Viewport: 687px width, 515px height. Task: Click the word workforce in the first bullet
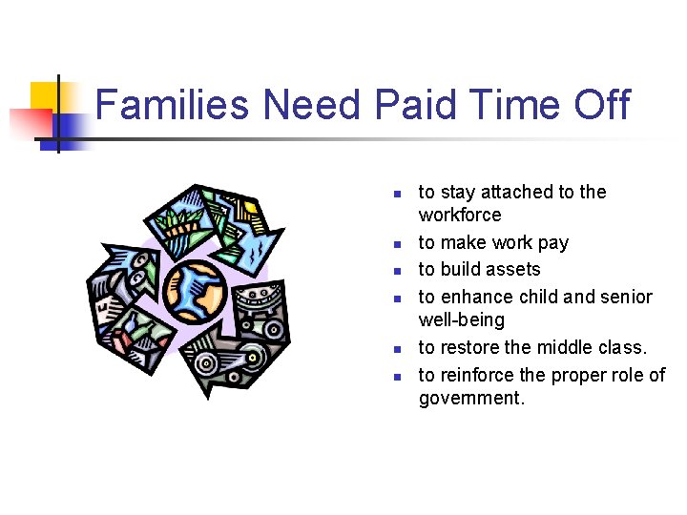(x=460, y=216)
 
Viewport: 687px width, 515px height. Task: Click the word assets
(x=513, y=270)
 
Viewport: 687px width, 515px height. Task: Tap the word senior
(x=626, y=297)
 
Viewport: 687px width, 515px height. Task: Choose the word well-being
(x=461, y=320)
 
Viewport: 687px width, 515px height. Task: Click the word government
(x=471, y=399)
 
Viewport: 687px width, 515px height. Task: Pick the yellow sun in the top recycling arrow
(x=249, y=208)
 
